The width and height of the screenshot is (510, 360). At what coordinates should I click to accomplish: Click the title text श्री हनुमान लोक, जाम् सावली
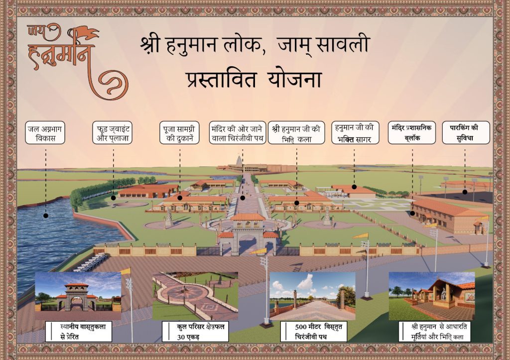click(x=255, y=45)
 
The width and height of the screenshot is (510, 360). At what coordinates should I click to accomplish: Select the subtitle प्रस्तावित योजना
click(x=254, y=80)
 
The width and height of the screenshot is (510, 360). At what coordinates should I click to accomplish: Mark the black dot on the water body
click(x=45, y=216)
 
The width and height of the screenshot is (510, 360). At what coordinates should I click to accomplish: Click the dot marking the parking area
click(x=465, y=191)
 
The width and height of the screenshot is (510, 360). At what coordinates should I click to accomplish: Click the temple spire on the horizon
click(x=239, y=161)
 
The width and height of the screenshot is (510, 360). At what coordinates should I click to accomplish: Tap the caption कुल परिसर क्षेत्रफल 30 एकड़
click(x=195, y=332)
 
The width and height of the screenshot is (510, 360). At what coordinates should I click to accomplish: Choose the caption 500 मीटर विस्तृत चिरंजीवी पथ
click(x=313, y=332)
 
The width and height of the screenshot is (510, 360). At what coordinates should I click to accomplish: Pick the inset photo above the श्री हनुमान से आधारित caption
click(x=431, y=296)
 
